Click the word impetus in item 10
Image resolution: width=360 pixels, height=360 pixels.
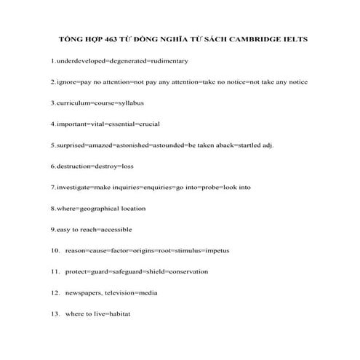[216, 250]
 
